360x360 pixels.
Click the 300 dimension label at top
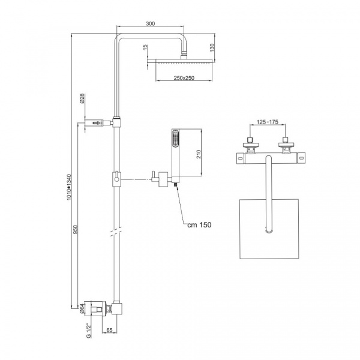coord(151,23)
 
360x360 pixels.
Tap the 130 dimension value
coord(212,47)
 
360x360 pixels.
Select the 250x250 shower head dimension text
coord(184,78)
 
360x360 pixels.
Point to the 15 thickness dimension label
coord(145,47)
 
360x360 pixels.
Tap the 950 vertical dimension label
coord(76,229)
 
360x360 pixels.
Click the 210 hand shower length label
coord(199,154)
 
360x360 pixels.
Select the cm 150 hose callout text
coord(199,224)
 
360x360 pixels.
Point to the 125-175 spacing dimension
coord(268,122)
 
